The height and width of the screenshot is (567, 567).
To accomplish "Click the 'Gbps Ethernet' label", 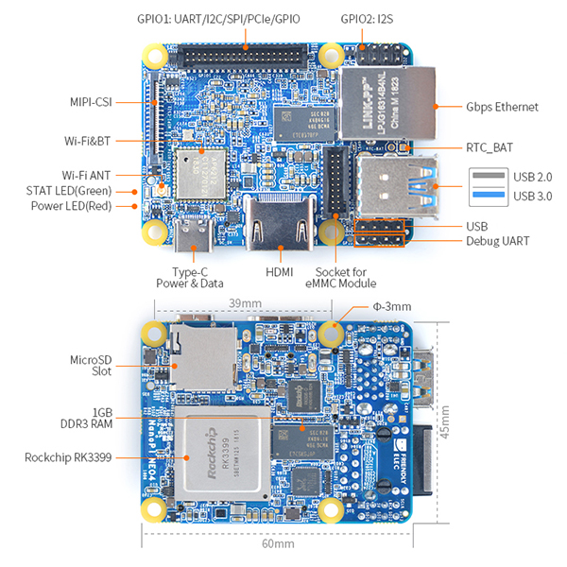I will (x=502, y=107).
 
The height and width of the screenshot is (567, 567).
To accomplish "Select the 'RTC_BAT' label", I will (x=490, y=147).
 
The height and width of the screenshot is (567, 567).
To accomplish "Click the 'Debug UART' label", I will (x=498, y=242).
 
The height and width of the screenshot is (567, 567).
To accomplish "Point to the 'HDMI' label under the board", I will (x=279, y=273).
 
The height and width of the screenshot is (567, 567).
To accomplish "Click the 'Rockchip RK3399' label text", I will (x=67, y=457).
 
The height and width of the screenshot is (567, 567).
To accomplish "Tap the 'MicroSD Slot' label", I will (x=91, y=365).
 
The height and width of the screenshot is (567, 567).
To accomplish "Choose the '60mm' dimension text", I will (x=278, y=543).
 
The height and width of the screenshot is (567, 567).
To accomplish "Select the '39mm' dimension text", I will (x=245, y=303).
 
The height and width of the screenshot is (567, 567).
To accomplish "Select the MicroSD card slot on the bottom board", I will (x=203, y=359).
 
